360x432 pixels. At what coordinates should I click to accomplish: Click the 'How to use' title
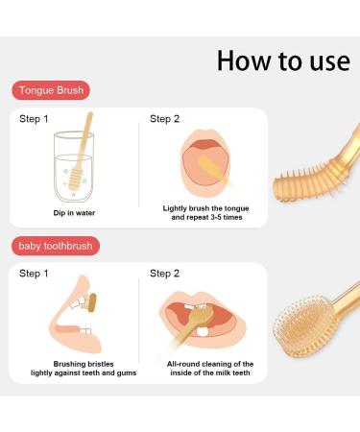click(283, 60)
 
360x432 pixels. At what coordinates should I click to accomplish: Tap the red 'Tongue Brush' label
click(50, 90)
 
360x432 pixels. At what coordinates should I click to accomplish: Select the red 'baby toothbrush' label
click(56, 246)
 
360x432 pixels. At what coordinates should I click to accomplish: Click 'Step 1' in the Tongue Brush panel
click(34, 119)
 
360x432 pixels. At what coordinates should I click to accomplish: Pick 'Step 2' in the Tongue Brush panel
click(164, 119)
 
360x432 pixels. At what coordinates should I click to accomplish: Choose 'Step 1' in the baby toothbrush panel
click(34, 274)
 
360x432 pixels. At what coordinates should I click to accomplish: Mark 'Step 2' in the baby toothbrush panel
click(164, 274)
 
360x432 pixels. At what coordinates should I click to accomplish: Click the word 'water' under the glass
click(84, 211)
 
